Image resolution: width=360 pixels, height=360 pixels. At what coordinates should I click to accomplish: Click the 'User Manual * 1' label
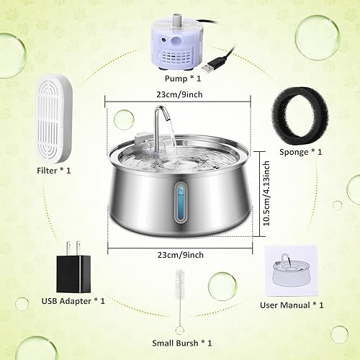[x=292, y=305]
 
